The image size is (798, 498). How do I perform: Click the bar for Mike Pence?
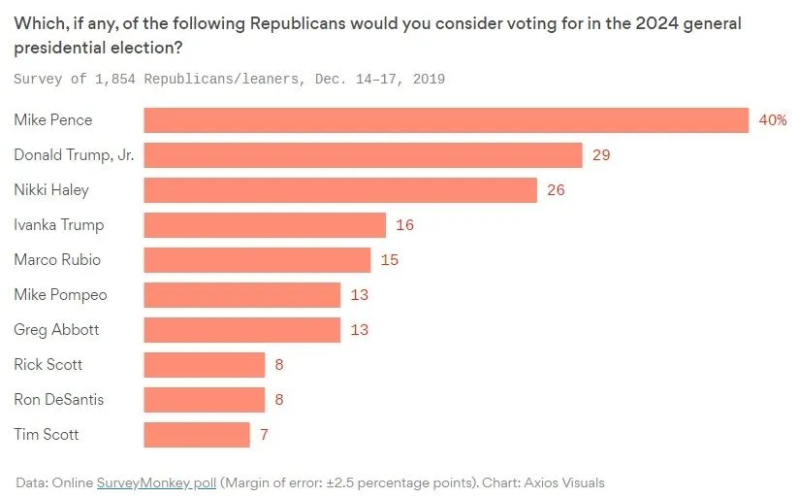tap(446, 120)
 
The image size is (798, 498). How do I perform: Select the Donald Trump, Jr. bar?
tap(363, 155)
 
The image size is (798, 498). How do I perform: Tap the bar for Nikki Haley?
tap(340, 190)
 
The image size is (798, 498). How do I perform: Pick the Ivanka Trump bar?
tap(265, 225)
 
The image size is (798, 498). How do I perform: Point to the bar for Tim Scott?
tap(197, 435)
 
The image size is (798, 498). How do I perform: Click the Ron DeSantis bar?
tap(205, 400)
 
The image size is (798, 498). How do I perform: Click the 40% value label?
tap(772, 120)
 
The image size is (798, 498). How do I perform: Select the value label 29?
tap(600, 155)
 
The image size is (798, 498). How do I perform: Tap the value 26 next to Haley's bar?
tap(556, 190)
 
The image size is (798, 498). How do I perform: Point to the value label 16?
tap(404, 225)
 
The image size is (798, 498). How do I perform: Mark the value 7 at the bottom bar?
tap(264, 435)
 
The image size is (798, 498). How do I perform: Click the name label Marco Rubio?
tap(57, 260)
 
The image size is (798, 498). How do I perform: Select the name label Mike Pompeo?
tap(60, 295)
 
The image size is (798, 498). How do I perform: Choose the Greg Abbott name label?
tap(56, 330)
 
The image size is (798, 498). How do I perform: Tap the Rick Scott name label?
tap(48, 365)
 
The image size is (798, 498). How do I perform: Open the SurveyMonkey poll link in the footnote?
tap(156, 482)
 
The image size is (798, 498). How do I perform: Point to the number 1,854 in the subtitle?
tap(117, 79)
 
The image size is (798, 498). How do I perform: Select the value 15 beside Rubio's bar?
tap(389, 260)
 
